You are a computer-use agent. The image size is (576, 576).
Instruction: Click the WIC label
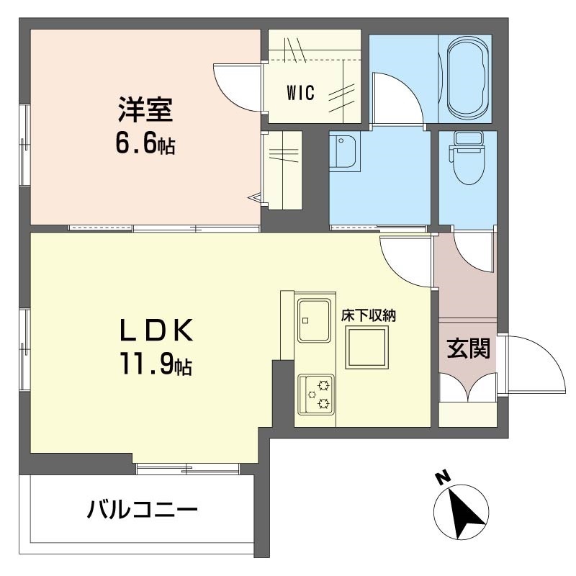point(300,93)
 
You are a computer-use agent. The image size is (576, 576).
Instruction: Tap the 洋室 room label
point(145,109)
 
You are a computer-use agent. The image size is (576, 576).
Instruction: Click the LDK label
point(156,330)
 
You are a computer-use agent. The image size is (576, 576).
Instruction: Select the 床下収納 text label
point(369,315)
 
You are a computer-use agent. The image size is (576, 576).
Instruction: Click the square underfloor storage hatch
point(367,347)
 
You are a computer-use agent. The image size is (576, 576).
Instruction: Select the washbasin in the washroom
point(345,150)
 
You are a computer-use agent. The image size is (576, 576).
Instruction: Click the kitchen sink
point(315,320)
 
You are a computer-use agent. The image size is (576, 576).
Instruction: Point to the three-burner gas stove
point(316,395)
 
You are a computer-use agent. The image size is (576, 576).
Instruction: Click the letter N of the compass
point(444,477)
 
